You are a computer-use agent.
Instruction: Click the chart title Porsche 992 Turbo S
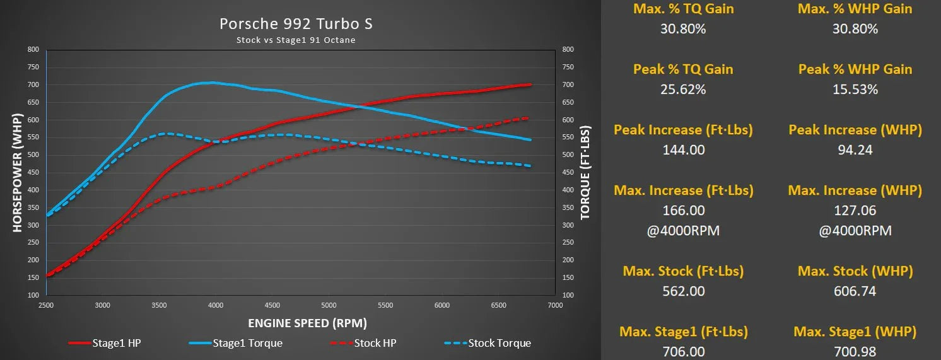coord(296,24)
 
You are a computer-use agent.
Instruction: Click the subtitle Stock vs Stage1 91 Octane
coord(296,40)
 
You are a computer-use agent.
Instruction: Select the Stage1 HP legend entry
coord(107,343)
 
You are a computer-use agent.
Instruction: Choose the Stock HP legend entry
coord(363,343)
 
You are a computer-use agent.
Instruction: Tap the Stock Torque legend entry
coord(488,343)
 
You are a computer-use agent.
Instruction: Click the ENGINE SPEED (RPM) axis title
coord(307,323)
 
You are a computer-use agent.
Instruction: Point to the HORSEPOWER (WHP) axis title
coord(17,173)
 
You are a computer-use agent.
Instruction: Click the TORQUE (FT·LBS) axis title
coord(585,173)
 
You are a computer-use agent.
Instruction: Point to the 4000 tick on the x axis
coord(216,305)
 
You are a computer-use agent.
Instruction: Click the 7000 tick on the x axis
coord(555,305)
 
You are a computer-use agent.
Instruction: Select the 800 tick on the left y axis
coord(33,49)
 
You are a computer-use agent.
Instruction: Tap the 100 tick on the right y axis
coord(568,295)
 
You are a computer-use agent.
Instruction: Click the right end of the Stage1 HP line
coord(530,84)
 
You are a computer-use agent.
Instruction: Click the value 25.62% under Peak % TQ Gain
coord(682,90)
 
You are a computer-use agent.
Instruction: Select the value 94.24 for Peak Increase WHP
coord(855,150)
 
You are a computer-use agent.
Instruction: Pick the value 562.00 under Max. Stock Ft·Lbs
coord(682,291)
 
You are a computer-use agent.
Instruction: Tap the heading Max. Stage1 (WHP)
coord(855,332)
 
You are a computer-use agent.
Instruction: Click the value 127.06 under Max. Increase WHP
coord(855,211)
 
